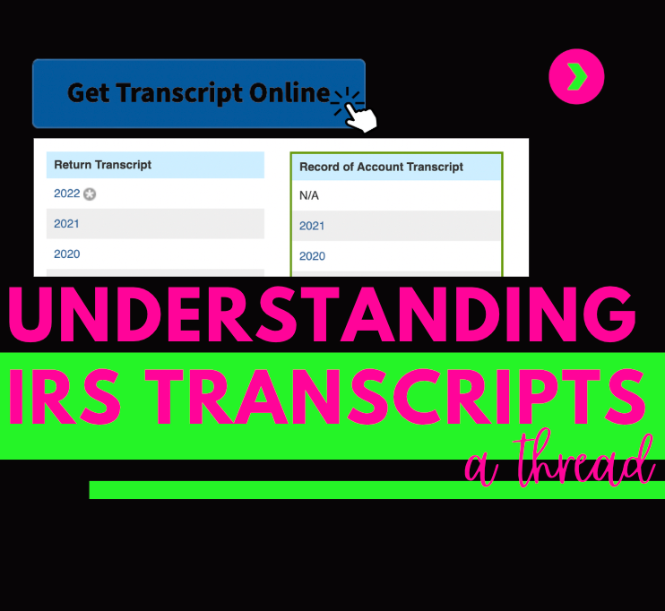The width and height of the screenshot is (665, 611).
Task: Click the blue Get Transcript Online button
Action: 198,93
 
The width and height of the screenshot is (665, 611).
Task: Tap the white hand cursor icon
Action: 360,117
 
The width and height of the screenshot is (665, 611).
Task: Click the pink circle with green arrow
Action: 576,77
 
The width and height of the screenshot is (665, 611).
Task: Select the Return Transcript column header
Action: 103,165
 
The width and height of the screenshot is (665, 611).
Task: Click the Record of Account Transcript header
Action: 381,167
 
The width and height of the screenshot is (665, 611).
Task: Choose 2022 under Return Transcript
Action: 66,194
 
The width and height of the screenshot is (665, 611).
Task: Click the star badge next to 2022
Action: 90,194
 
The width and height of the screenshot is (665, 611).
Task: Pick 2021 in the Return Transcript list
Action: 66,224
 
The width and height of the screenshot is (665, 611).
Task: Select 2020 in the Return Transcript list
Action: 66,254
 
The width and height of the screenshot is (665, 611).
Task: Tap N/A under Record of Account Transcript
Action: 309,195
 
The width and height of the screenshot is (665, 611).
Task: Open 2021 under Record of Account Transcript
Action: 312,226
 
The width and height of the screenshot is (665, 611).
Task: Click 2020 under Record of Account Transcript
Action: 312,256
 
